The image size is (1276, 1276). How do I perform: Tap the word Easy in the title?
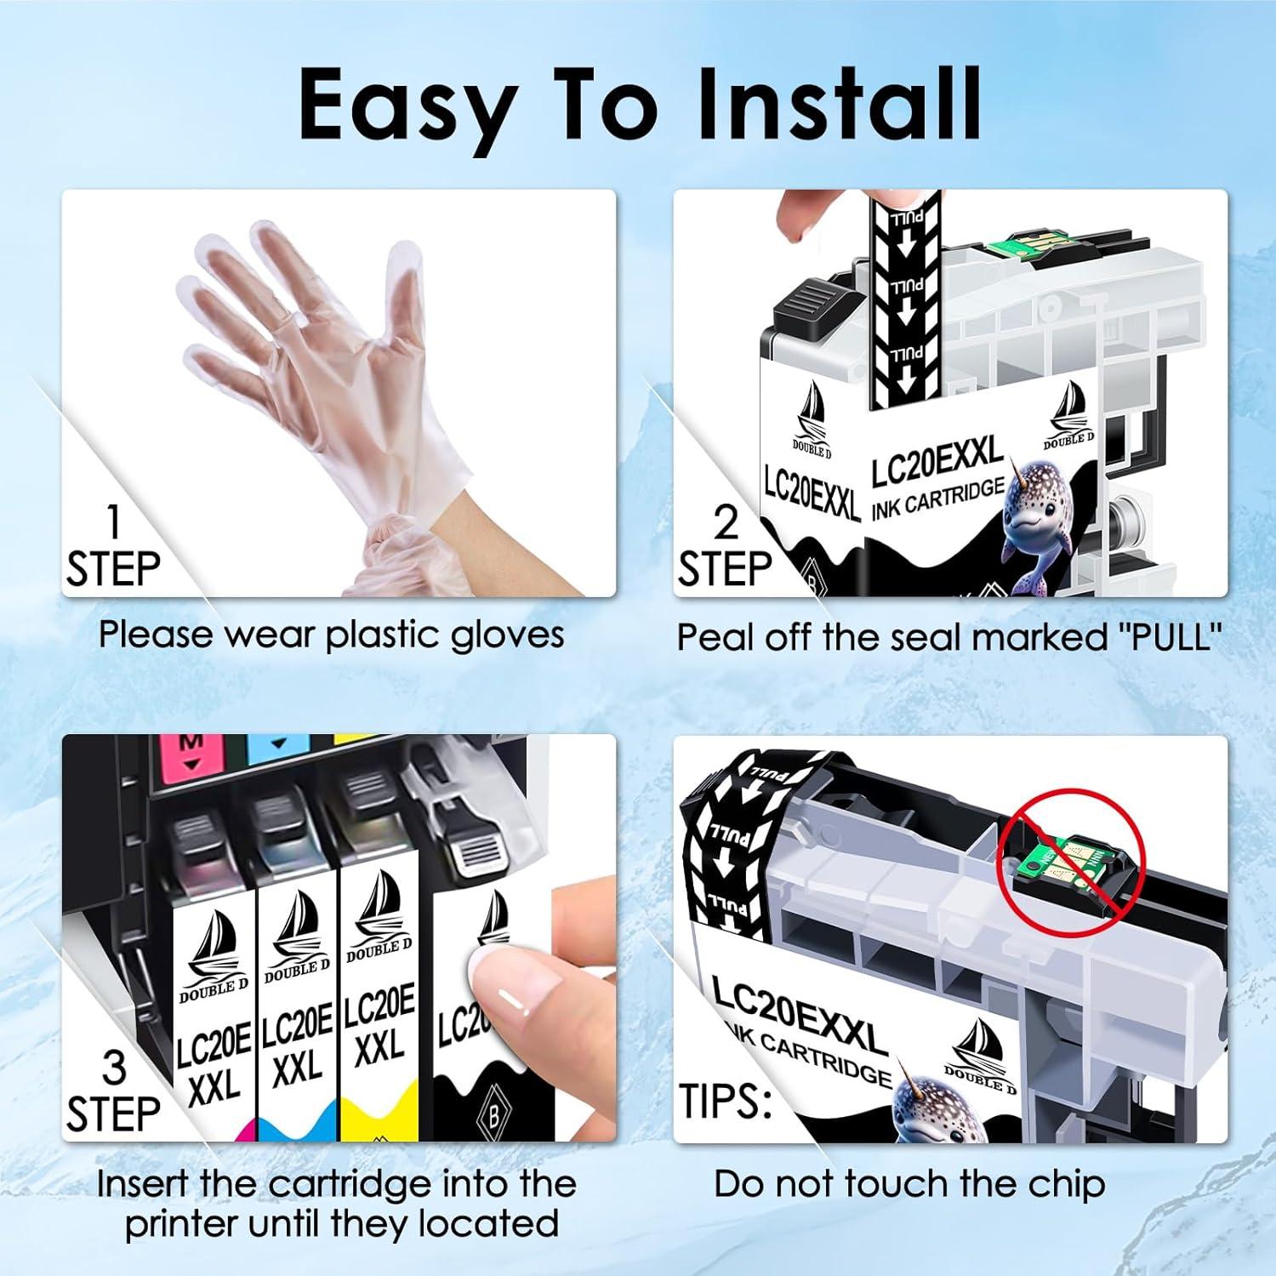[406, 105]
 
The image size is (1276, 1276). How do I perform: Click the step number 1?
[113, 522]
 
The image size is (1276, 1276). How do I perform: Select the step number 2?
[725, 522]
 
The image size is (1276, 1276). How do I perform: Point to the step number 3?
[113, 1068]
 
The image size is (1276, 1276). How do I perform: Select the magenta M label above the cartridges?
[191, 753]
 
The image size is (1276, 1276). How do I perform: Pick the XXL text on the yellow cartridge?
[379, 1047]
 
